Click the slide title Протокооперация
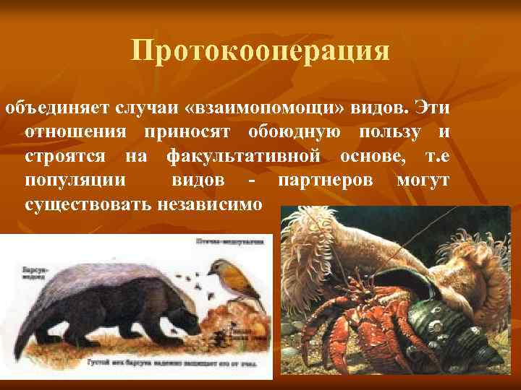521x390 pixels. point(260,51)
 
